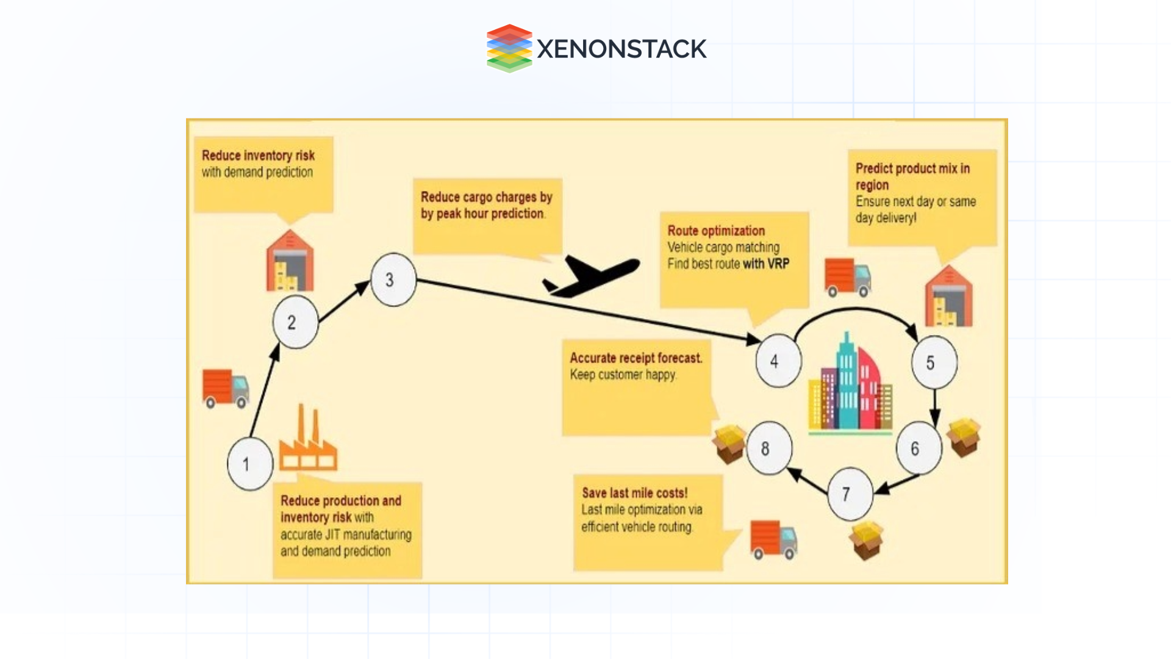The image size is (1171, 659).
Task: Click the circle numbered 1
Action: (249, 464)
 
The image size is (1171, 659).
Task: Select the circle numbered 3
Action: (393, 279)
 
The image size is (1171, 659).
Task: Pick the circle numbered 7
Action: (850, 494)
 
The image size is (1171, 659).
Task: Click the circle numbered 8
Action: (768, 448)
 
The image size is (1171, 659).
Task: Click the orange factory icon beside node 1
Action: (308, 442)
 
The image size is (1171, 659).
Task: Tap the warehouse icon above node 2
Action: (290, 261)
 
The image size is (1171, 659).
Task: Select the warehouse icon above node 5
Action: (948, 297)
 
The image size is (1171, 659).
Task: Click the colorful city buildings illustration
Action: (850, 384)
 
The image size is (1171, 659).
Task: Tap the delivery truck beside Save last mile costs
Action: (773, 539)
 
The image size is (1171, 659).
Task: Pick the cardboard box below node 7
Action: (867, 540)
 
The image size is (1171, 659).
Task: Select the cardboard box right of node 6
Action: (963, 437)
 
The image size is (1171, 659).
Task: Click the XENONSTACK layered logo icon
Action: (509, 48)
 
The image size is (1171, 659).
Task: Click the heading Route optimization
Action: (715, 231)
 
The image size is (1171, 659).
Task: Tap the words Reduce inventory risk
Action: (258, 156)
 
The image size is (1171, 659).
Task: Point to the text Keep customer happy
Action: (623, 375)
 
